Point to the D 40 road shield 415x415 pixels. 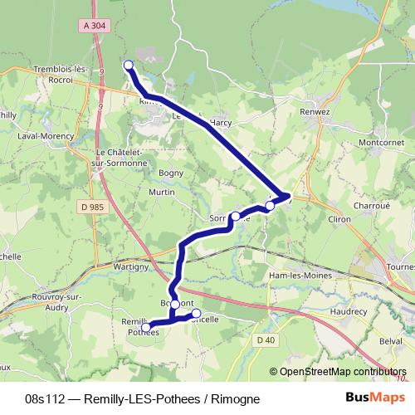tap(266, 339)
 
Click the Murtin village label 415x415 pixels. tap(161, 193)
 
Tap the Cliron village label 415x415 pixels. tap(317, 218)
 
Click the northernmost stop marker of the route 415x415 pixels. tap(129, 65)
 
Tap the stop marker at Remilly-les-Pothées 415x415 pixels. tap(147, 328)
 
